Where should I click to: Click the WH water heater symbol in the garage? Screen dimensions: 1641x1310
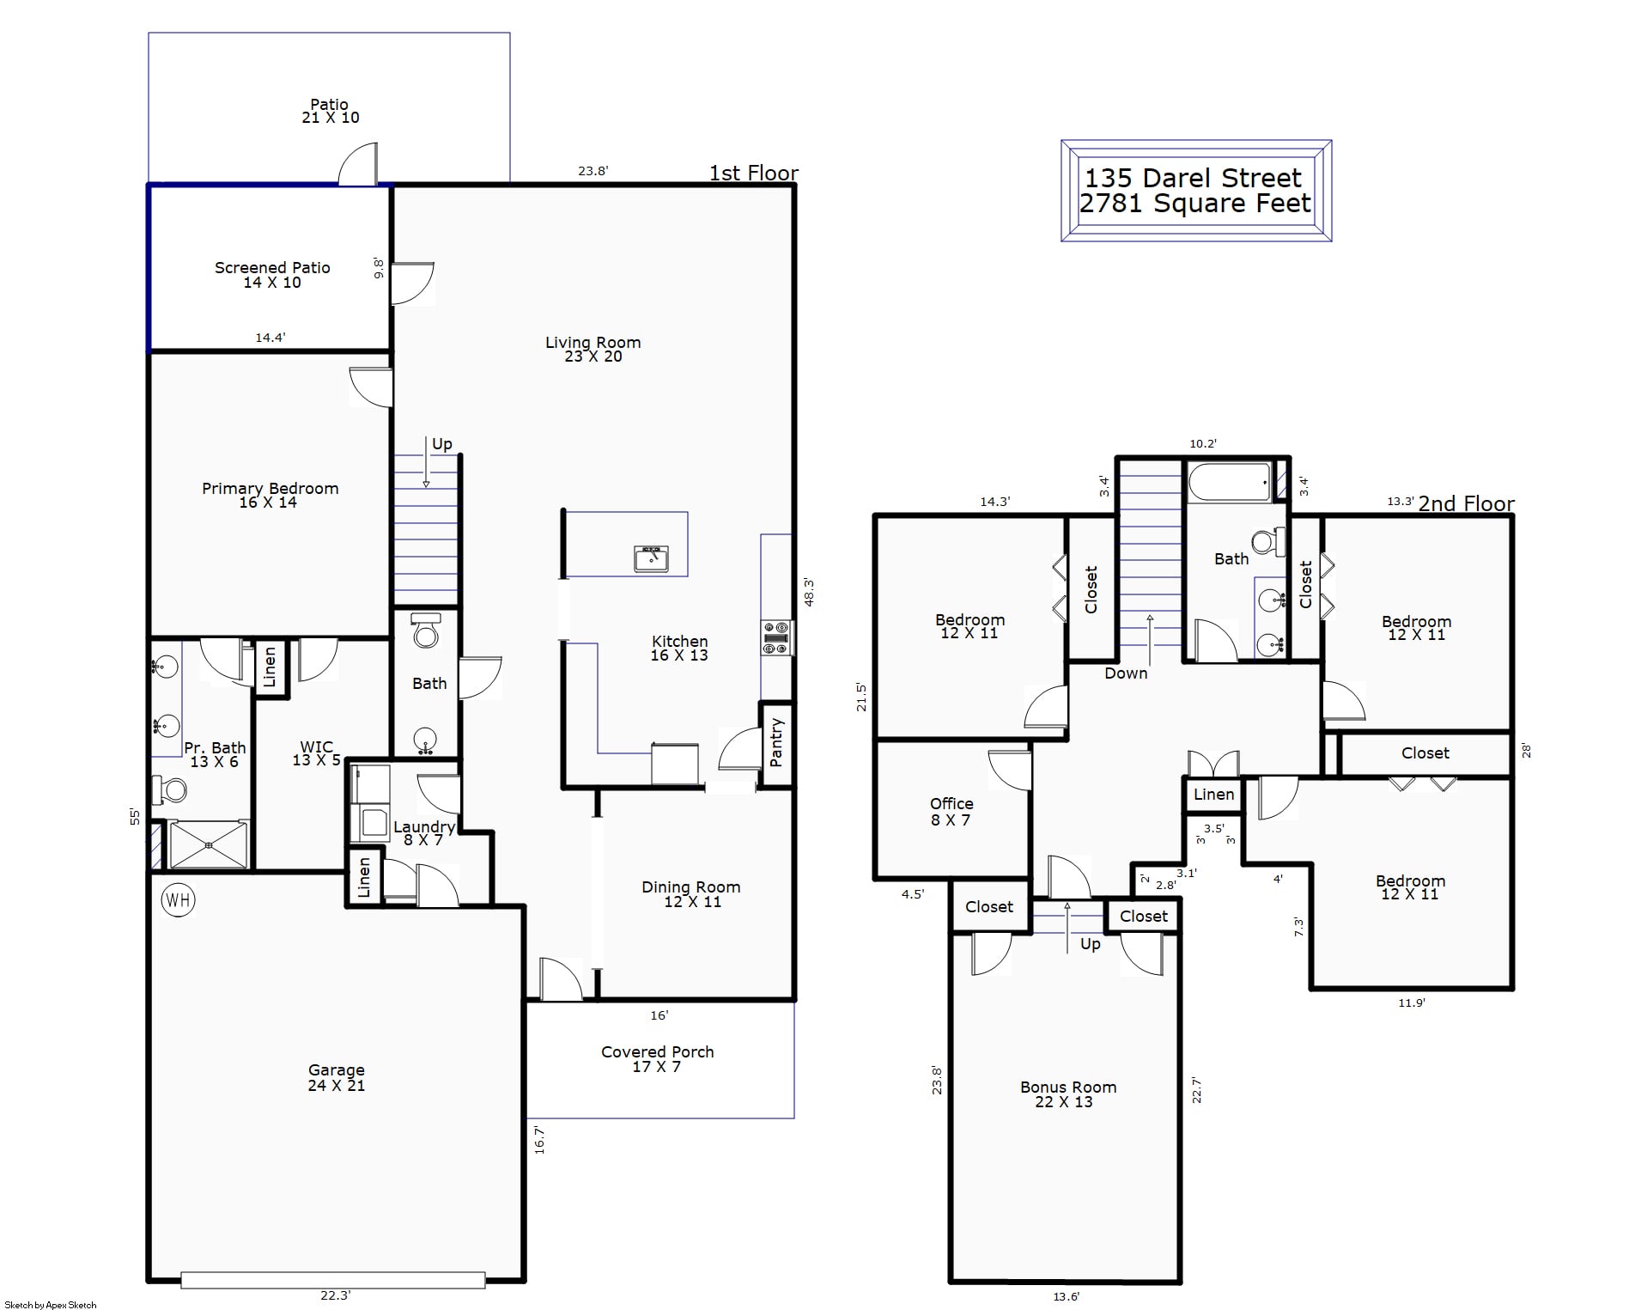(x=178, y=900)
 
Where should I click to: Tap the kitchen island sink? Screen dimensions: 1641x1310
(x=652, y=558)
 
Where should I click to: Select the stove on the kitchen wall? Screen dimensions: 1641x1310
(x=776, y=638)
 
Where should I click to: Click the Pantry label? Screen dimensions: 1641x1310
(x=776, y=742)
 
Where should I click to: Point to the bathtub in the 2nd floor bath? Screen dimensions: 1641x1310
(x=1230, y=484)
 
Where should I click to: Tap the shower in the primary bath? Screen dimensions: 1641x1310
(x=209, y=844)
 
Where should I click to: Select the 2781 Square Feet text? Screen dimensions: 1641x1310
(x=1195, y=204)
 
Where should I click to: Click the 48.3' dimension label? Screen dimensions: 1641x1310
(x=809, y=593)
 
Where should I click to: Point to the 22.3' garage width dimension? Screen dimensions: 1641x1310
(x=335, y=1295)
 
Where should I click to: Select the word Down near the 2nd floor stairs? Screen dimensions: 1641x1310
(x=1126, y=673)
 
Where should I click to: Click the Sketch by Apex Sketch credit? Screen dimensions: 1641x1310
(x=51, y=1305)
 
